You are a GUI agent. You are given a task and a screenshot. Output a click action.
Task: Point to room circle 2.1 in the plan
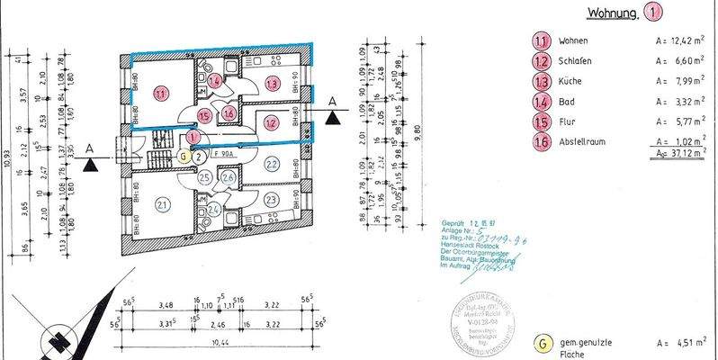(162, 205)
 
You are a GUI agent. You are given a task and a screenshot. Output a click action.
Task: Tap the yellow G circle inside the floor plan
(184, 155)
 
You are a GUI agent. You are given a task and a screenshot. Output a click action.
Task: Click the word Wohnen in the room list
(574, 41)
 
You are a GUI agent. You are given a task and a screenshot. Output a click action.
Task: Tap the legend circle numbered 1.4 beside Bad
(542, 102)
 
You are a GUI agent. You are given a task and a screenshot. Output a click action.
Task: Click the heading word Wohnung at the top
(612, 13)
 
